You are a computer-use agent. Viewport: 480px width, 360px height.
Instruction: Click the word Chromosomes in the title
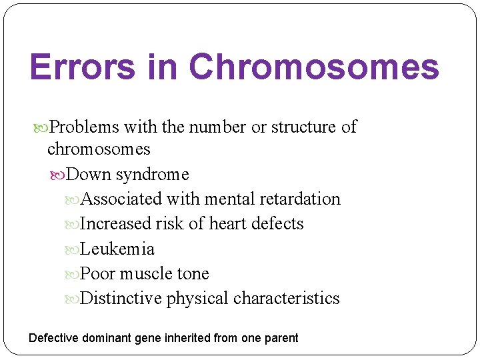pyautogui.click(x=314, y=67)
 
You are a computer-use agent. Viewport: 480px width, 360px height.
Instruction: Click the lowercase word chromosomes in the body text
pyautogui.click(x=99, y=149)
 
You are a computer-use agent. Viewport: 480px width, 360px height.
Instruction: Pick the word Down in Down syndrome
pyautogui.click(x=89, y=175)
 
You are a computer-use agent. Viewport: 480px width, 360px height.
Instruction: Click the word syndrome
pyautogui.click(x=152, y=175)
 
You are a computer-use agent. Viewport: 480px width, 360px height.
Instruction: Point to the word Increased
pyautogui.click(x=115, y=224)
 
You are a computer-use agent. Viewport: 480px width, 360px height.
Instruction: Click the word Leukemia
pyautogui.click(x=117, y=249)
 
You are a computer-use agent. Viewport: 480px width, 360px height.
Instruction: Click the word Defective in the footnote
pyautogui.click(x=53, y=338)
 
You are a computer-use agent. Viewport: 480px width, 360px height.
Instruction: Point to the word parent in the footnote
pyautogui.click(x=281, y=338)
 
